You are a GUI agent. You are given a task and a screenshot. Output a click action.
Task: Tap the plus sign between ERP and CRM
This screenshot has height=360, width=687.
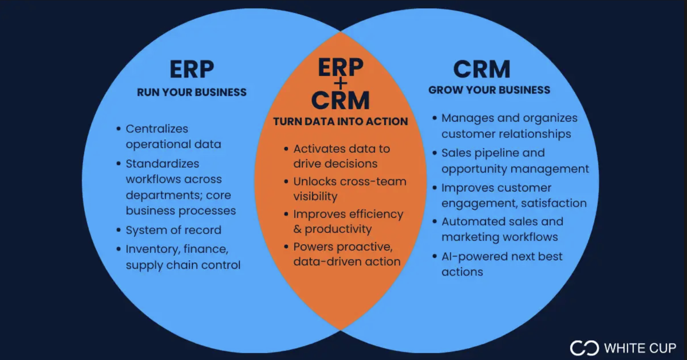(341, 84)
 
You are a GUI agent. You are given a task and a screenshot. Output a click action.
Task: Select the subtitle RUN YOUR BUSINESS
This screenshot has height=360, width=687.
(192, 92)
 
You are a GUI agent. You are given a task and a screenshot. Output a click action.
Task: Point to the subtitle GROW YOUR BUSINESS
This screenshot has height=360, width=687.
(489, 90)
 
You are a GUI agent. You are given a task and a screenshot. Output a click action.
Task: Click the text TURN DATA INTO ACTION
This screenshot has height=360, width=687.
(340, 122)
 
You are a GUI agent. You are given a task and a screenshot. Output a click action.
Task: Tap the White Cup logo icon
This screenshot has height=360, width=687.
(584, 348)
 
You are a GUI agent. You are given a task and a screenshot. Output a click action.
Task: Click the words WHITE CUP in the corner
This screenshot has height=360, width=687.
(640, 348)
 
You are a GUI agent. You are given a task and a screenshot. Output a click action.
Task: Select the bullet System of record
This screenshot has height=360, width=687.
(174, 230)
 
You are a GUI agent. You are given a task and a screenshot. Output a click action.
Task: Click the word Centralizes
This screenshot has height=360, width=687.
(157, 129)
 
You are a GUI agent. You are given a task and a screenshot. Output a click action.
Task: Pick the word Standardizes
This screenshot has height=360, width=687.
(162, 164)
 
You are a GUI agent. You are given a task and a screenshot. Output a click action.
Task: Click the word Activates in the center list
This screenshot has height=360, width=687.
(315, 149)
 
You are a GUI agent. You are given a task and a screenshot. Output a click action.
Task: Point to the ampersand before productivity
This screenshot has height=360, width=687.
(297, 229)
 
